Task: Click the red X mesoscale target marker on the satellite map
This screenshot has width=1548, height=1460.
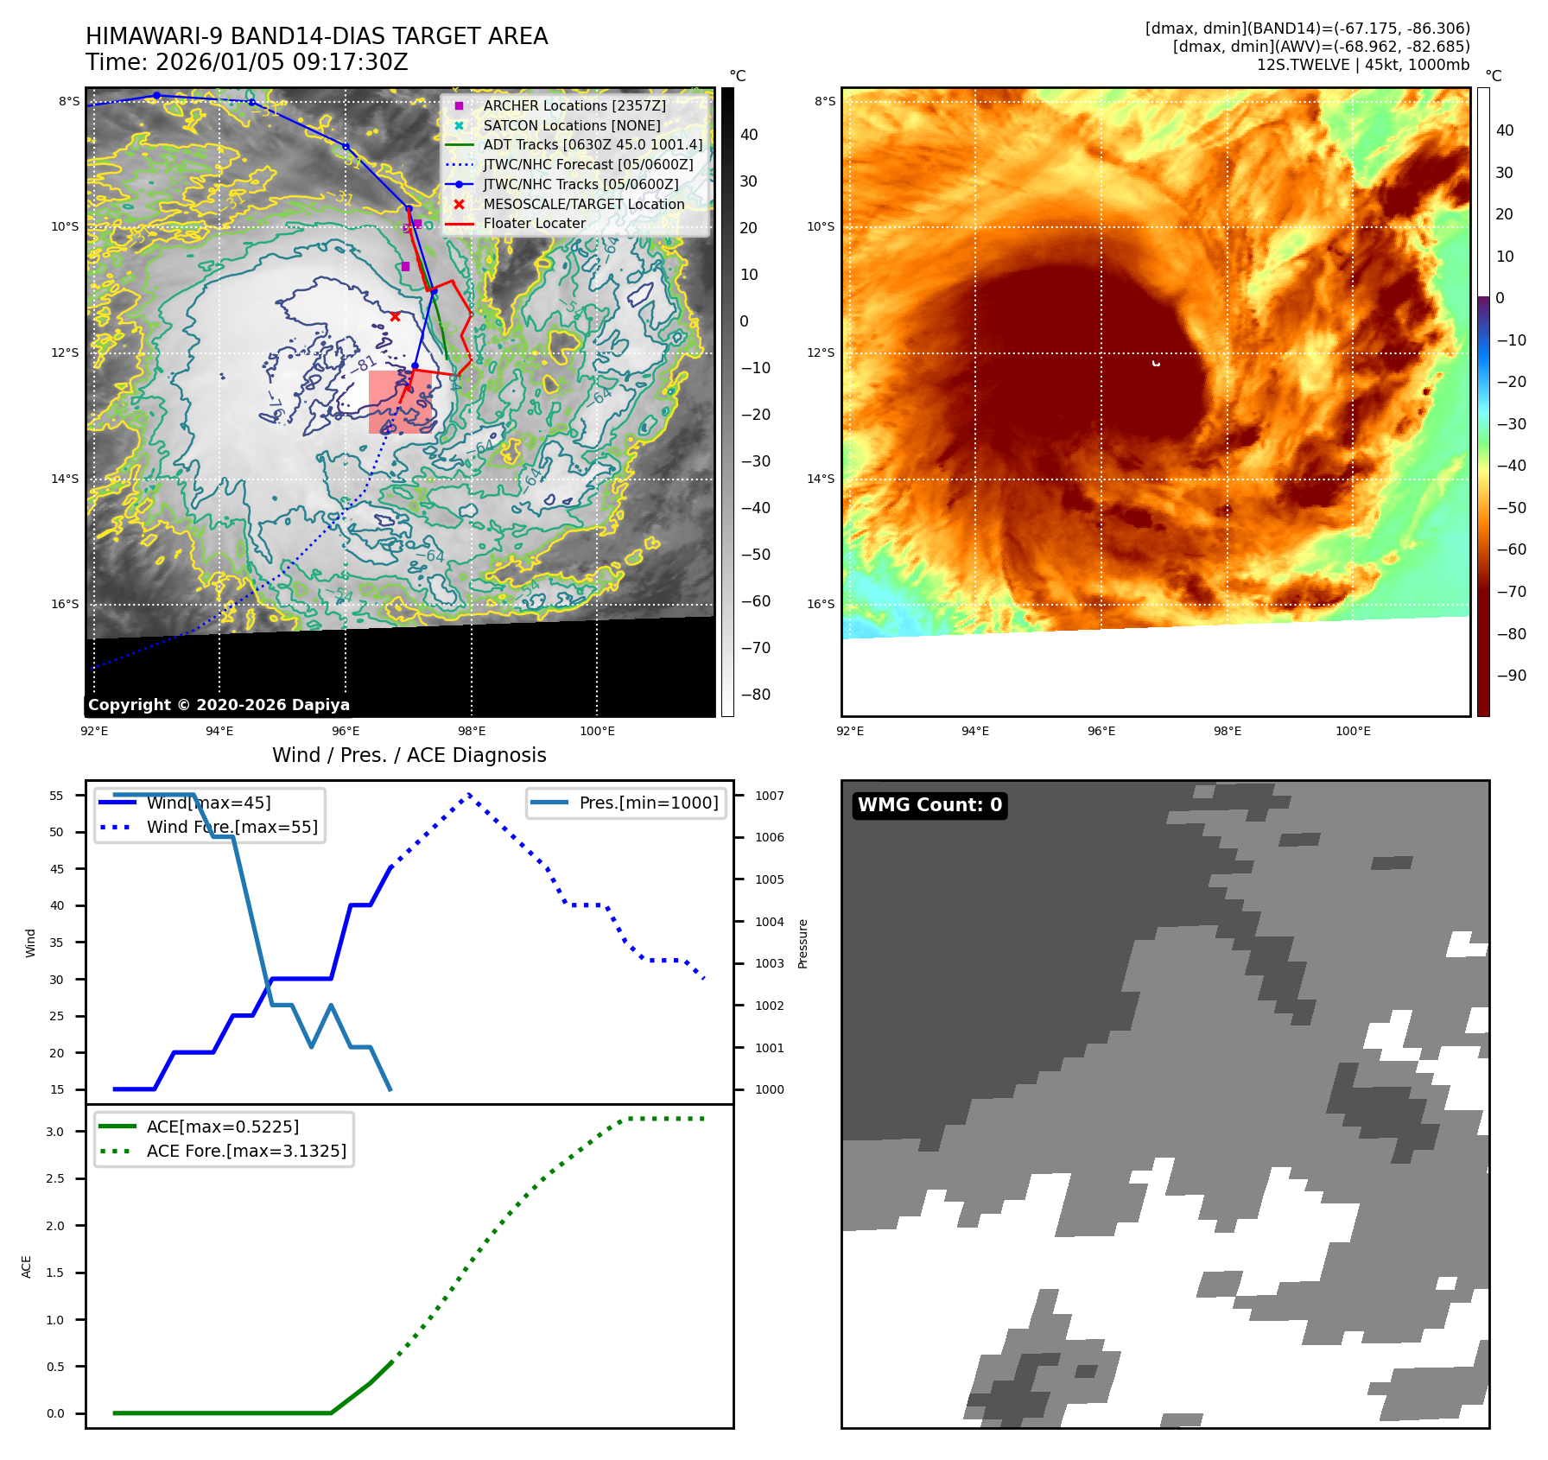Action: click(395, 317)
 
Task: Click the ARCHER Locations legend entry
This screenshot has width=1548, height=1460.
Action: click(574, 105)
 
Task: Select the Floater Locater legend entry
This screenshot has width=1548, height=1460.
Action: click(534, 224)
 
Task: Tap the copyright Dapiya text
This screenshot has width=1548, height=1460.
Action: click(219, 705)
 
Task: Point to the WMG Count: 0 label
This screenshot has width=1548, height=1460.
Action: click(929, 805)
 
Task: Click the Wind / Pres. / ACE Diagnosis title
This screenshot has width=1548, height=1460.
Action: click(409, 756)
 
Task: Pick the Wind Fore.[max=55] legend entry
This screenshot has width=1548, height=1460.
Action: click(232, 828)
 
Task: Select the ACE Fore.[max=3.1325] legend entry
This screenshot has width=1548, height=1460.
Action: click(246, 1152)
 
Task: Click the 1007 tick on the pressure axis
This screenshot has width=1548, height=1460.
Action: click(769, 796)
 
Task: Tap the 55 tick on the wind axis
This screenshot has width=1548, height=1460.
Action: click(57, 796)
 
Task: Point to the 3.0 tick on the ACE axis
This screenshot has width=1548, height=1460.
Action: click(55, 1132)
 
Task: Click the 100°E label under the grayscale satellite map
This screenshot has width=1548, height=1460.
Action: click(597, 732)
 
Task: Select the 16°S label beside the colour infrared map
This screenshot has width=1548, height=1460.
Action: click(821, 605)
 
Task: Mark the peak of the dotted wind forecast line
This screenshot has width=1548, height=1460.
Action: click(469, 794)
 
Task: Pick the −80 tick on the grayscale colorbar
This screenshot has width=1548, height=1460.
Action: click(756, 695)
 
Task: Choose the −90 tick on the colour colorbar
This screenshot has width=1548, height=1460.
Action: click(1511, 676)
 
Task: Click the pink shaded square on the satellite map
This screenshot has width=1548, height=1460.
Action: click(399, 402)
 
